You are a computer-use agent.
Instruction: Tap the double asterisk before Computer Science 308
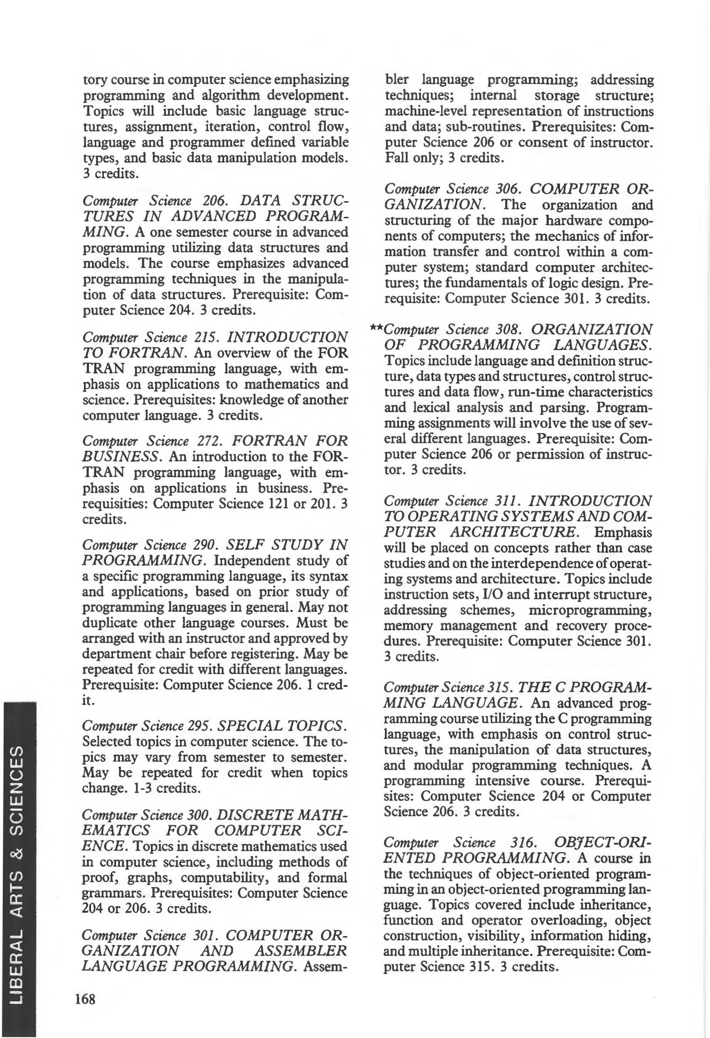point(377,328)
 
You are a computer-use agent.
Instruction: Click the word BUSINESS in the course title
point(121,457)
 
